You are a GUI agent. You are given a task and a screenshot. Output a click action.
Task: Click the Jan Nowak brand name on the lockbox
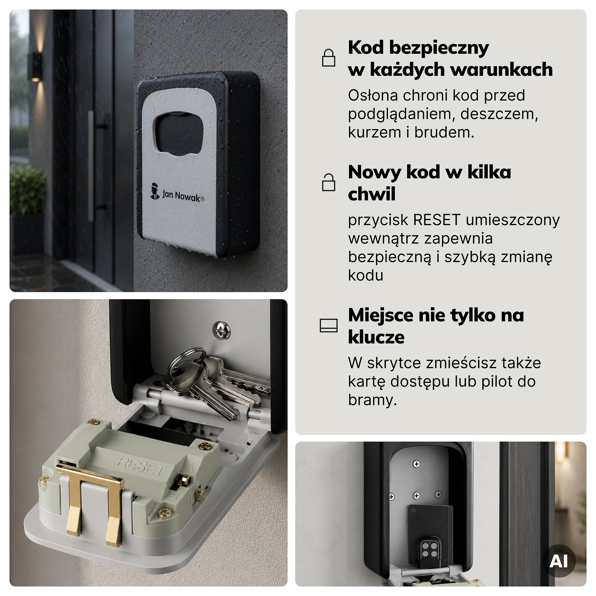(183, 195)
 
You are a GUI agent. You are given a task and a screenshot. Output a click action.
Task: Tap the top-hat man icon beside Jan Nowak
(155, 191)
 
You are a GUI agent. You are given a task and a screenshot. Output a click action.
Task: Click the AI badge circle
(559, 561)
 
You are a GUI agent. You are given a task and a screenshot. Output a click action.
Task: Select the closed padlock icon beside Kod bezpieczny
(328, 58)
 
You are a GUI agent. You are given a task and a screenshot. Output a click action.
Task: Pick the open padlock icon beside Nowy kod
(328, 182)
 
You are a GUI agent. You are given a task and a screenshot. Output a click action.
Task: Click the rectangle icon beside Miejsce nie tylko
(328, 325)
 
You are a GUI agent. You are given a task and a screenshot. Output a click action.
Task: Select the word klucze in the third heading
(376, 337)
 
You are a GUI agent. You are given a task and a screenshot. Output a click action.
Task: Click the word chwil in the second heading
(372, 194)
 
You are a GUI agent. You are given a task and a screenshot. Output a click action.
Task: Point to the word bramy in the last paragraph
(372, 401)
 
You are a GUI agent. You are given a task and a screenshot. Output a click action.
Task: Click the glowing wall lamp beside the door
(36, 67)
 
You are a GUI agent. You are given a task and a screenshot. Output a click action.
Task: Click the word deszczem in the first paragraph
(499, 114)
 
